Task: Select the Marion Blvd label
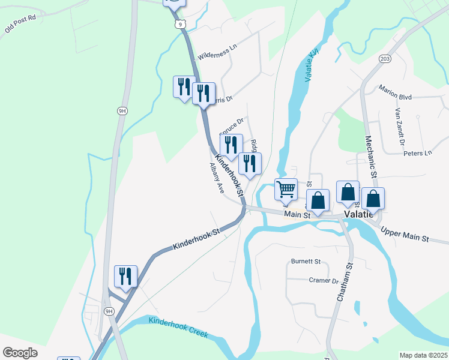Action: tap(394, 91)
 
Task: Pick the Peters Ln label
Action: tap(418, 153)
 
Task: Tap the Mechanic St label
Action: tap(370, 157)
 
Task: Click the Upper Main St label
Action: tap(405, 235)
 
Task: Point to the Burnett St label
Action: tap(306, 262)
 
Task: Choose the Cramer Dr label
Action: tap(324, 280)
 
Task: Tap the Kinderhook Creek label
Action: tap(178, 328)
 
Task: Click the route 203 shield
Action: tap(385, 58)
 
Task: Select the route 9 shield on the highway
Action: tap(179, 23)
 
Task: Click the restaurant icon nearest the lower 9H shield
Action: tap(125, 275)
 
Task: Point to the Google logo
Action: tap(20, 353)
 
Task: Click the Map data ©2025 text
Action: tap(423, 355)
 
